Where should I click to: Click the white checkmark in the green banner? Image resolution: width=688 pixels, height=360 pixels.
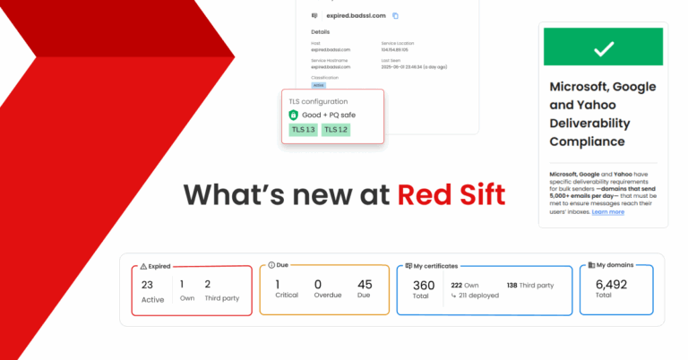pyautogui.click(x=603, y=48)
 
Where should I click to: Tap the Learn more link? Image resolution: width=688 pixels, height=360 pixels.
pyautogui.click(x=608, y=211)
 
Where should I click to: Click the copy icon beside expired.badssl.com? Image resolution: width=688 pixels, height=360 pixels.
pyautogui.click(x=396, y=15)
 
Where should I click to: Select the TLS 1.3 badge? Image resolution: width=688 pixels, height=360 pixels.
pyautogui.click(x=303, y=130)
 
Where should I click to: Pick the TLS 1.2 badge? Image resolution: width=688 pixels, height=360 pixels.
pyautogui.click(x=336, y=130)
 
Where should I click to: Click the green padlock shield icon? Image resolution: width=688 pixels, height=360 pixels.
pyautogui.click(x=293, y=116)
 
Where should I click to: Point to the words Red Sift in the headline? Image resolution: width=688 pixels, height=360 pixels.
pyautogui.click(x=451, y=193)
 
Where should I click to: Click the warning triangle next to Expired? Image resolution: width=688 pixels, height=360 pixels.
pyautogui.click(x=142, y=266)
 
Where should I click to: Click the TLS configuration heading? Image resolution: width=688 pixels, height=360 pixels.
pyautogui.click(x=319, y=101)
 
